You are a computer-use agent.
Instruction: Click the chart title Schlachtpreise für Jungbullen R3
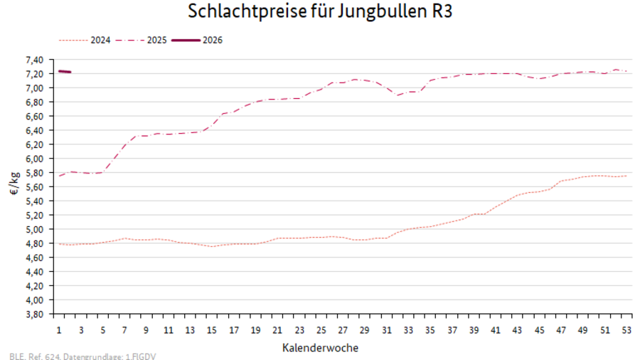coord(320,12)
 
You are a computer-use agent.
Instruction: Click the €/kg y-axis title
coord(15,187)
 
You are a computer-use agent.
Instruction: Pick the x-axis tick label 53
coord(626,331)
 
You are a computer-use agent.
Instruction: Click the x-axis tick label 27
coord(343,331)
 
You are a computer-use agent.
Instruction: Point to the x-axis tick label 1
coord(59,331)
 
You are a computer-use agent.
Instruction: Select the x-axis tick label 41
coord(496,331)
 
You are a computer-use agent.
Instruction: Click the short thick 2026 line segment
coord(65,72)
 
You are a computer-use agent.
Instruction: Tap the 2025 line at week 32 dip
coord(398,95)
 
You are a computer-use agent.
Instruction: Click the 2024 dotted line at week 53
coord(626,176)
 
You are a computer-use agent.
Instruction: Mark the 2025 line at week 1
coord(60,175)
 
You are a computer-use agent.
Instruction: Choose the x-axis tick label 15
coord(212,331)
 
